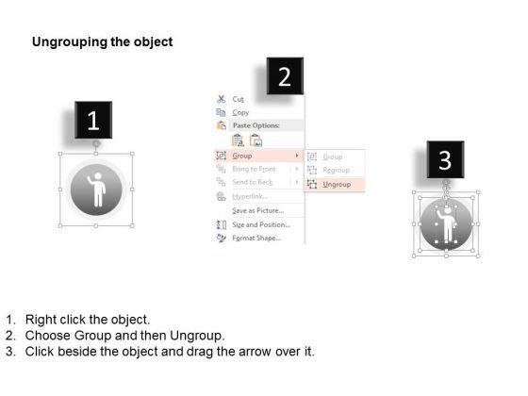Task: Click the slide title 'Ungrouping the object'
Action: [102, 42]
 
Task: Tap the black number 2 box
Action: [285, 74]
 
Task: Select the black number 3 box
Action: [445, 159]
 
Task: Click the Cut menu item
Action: [238, 99]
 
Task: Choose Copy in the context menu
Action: [240, 112]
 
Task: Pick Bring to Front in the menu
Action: [255, 168]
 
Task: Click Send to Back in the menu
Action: [252, 181]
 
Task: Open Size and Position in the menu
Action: [261, 224]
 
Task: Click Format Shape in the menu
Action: [256, 239]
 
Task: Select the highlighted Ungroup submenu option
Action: [337, 185]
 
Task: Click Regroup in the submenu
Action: [336, 171]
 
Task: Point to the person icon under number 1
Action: [96, 191]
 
